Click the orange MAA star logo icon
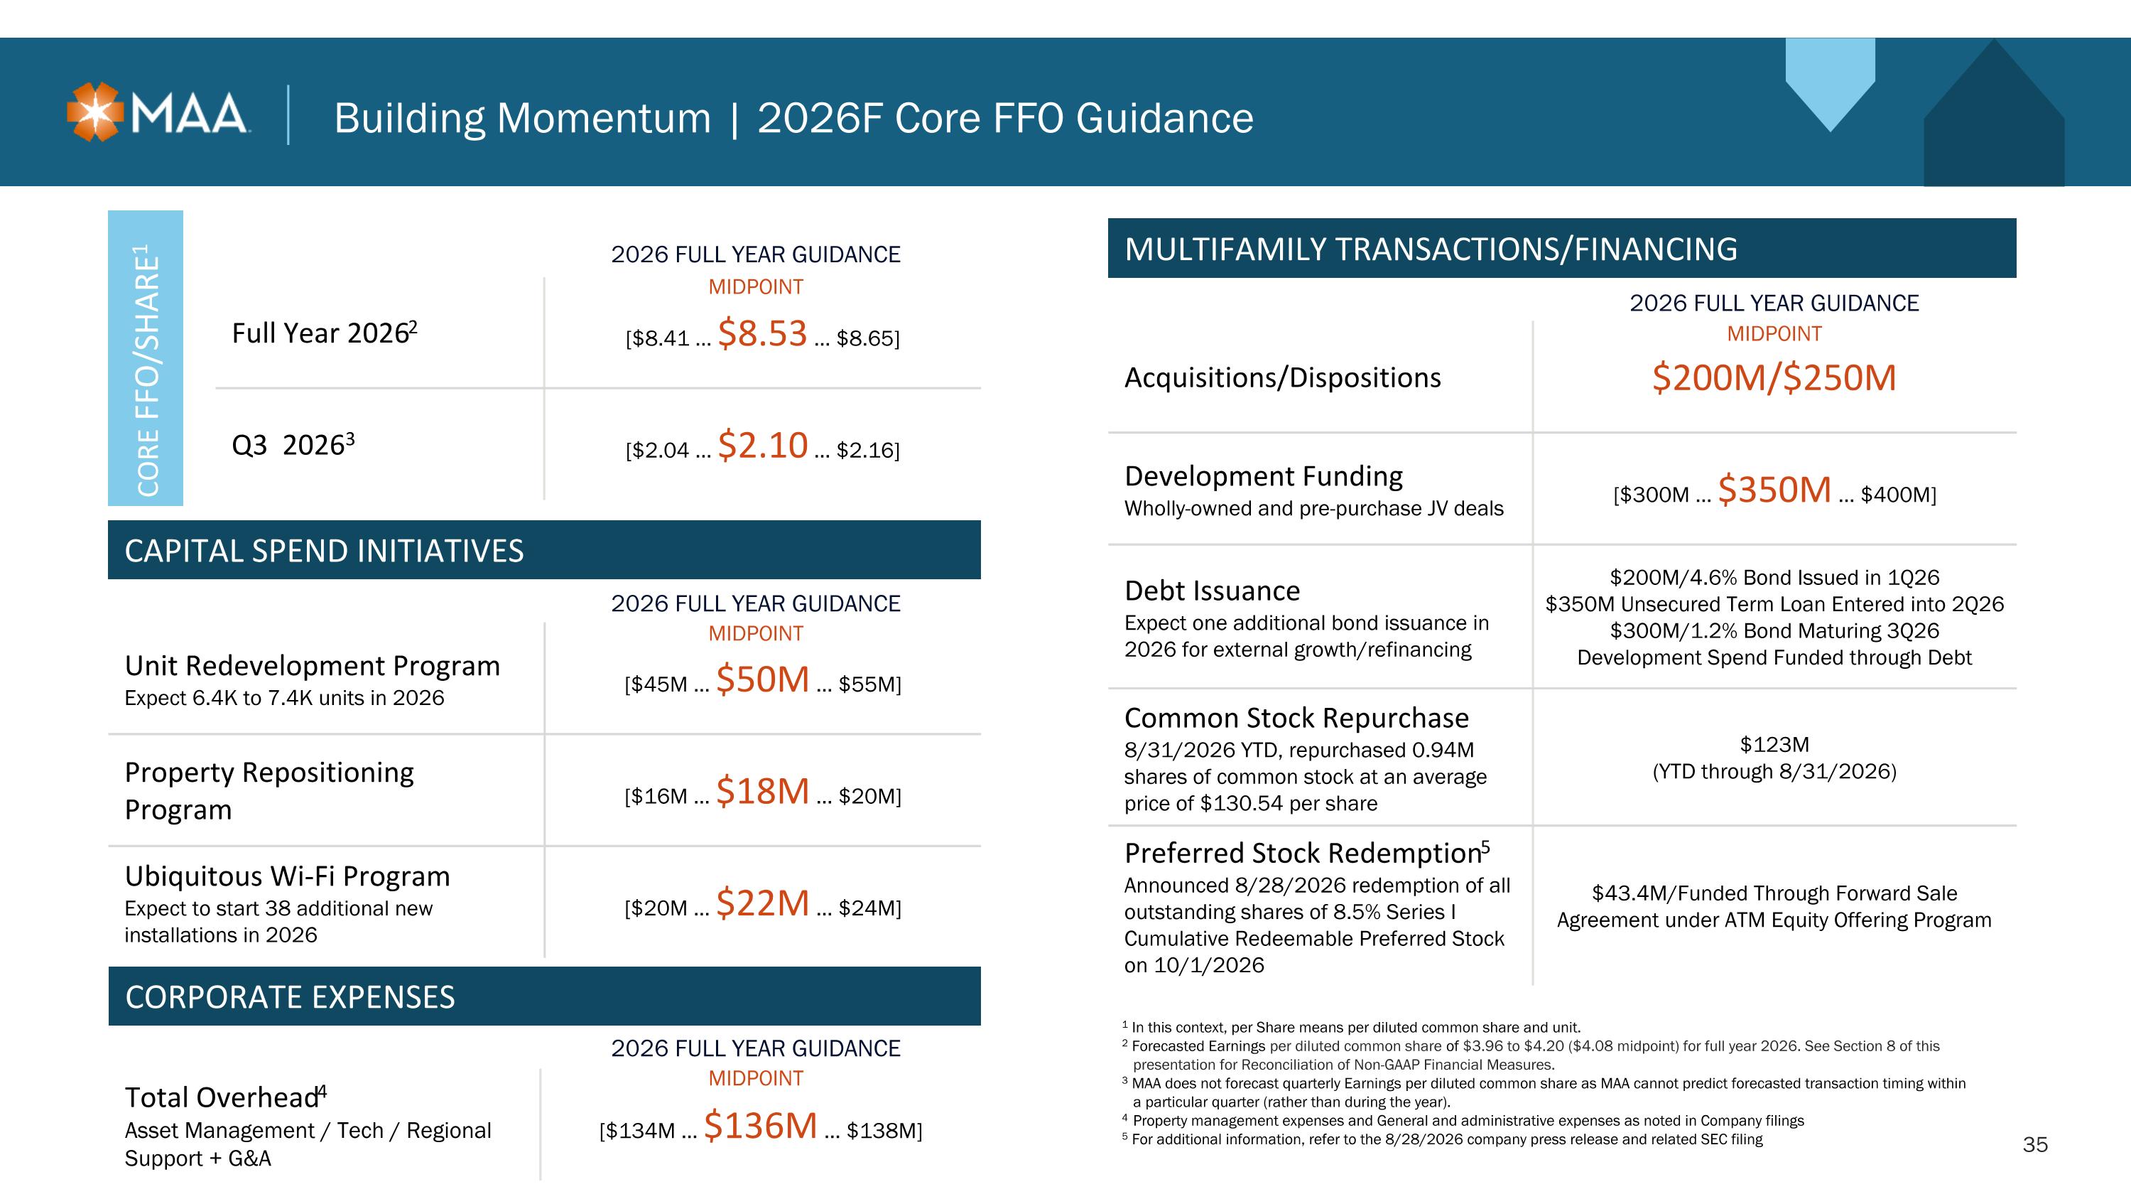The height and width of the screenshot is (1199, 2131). point(95,112)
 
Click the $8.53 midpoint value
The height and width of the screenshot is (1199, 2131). point(762,333)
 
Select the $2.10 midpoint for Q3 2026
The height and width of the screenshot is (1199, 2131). point(762,445)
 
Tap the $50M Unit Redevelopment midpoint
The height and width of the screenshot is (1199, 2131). point(762,679)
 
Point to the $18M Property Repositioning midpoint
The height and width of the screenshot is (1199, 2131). point(762,791)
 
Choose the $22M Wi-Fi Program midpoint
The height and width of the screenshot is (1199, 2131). point(762,903)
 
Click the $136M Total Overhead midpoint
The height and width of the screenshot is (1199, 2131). point(760,1125)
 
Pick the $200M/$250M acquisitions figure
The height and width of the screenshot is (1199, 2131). point(1774,377)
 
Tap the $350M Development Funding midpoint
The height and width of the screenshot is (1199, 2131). point(1774,490)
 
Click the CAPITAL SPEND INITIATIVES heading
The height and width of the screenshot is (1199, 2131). point(325,551)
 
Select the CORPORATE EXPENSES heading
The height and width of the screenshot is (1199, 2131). point(291,997)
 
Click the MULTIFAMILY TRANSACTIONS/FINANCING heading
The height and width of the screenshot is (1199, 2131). point(1431,249)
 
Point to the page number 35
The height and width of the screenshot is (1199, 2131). point(2035,1144)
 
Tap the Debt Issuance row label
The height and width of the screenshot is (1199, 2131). point(1212,591)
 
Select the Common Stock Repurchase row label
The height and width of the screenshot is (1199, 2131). point(1296,719)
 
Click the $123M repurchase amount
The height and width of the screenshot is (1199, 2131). point(1774,745)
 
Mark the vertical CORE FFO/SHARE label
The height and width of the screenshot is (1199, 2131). point(146,370)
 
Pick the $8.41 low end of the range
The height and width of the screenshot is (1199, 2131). point(658,338)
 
